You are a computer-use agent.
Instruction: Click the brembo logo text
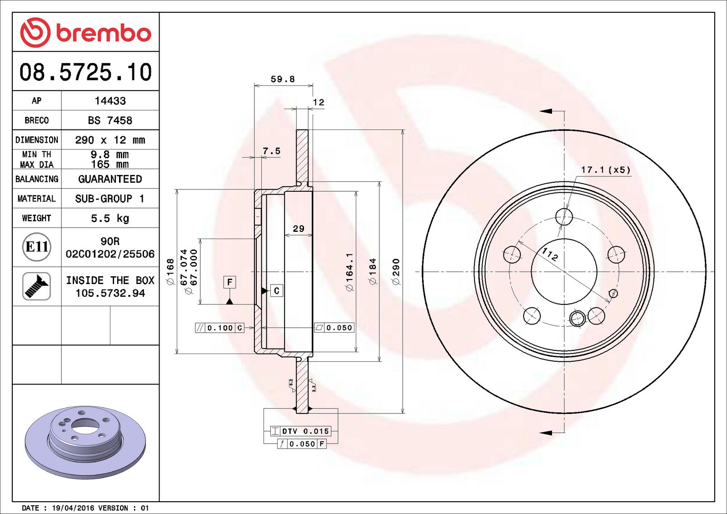click(103, 33)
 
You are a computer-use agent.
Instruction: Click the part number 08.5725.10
click(85, 72)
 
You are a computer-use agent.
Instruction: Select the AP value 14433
click(110, 101)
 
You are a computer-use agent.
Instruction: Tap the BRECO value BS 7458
click(110, 120)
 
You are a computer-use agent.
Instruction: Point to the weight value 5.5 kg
click(110, 218)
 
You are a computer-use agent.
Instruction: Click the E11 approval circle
click(36, 247)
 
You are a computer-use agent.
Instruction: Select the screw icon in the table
click(36, 286)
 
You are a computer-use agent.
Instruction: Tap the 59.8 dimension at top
click(283, 79)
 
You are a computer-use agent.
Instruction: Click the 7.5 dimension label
click(271, 151)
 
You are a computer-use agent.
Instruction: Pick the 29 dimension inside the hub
click(298, 229)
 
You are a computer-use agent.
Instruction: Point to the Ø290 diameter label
click(396, 272)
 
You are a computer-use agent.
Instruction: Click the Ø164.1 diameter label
click(349, 272)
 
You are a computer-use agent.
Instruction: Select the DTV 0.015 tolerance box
click(301, 431)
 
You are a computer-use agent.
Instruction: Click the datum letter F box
click(229, 282)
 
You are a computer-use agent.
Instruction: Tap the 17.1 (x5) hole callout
click(606, 170)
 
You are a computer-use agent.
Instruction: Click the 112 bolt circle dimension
click(550, 254)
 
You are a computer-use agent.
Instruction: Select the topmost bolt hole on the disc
click(564, 217)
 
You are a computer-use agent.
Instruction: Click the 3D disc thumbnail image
click(85, 441)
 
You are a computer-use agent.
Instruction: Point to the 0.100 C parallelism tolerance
click(219, 328)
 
